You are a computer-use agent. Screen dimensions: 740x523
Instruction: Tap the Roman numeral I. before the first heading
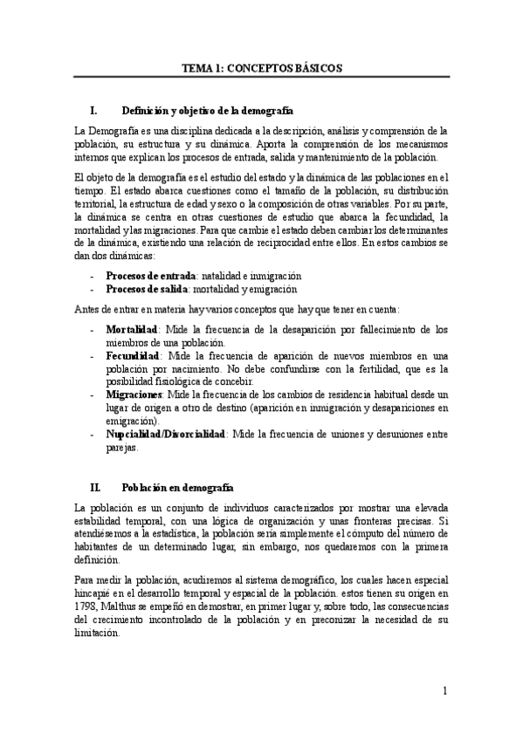coord(94,111)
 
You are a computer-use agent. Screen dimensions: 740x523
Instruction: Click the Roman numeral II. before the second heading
coord(96,487)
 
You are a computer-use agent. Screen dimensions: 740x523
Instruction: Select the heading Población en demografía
coord(177,487)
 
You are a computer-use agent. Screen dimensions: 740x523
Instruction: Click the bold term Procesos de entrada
coord(150,275)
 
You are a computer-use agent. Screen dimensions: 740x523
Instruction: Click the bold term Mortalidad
coord(132,330)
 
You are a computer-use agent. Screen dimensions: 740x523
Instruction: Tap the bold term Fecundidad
coord(133,356)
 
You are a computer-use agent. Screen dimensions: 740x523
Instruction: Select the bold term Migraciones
coord(135,394)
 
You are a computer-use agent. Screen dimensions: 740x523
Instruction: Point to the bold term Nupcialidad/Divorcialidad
coord(166,434)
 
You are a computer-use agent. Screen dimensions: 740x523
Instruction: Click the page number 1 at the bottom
coord(444,691)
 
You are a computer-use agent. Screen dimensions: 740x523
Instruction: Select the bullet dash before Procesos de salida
coord(93,288)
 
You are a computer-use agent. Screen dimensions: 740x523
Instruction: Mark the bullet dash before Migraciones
coord(93,394)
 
